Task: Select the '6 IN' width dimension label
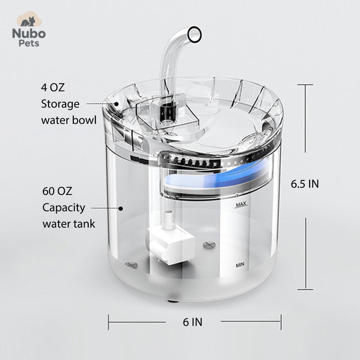click(x=192, y=322)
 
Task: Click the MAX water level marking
click(x=242, y=205)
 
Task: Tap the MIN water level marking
click(x=240, y=265)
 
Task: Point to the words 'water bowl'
click(x=68, y=121)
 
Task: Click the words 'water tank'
click(x=69, y=224)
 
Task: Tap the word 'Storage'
click(x=60, y=104)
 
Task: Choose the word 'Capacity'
click(x=64, y=207)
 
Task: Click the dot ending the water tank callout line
click(x=121, y=208)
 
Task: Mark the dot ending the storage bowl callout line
click(x=117, y=103)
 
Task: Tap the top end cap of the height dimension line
click(x=306, y=85)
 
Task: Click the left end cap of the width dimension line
click(x=108, y=322)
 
